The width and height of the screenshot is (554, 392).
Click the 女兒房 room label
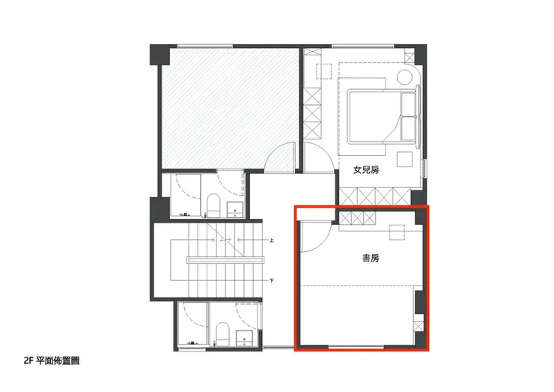(366, 170)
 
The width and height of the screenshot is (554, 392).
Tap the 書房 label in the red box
(371, 259)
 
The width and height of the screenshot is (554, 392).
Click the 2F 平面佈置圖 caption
(52, 361)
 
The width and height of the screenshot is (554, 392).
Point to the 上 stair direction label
(271, 241)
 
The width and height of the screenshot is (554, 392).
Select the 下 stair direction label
(271, 281)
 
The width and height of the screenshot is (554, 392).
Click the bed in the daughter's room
(382, 116)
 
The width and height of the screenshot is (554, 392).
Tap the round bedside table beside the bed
(405, 76)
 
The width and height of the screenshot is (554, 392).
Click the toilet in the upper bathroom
(213, 205)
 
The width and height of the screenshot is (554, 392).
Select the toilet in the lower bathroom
(222, 334)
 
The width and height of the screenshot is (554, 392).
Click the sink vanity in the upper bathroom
(235, 209)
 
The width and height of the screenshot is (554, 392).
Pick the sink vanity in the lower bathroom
(245, 339)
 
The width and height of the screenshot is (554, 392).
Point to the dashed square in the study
(397, 232)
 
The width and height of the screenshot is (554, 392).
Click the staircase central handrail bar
(226, 260)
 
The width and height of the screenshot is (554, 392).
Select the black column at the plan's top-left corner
(160, 55)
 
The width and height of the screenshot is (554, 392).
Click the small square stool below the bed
(404, 159)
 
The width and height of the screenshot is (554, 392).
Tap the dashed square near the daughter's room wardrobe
(324, 71)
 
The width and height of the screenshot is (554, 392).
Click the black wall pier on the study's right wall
(419, 302)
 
